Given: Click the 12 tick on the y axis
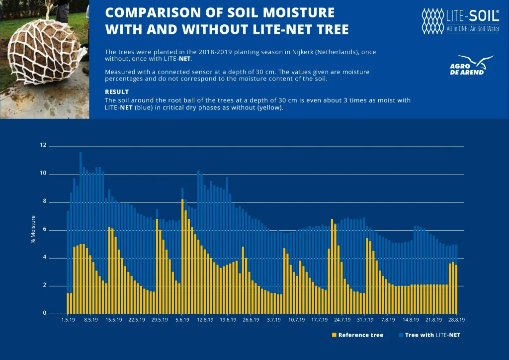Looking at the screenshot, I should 43,146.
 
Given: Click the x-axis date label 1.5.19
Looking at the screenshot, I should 68,320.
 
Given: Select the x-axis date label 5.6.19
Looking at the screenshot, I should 182,320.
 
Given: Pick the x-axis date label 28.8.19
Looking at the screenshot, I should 456,320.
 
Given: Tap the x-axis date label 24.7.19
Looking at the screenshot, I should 342,320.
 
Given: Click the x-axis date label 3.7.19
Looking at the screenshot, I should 274,320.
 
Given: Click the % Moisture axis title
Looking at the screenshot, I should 33,229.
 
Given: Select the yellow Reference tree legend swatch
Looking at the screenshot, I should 334,335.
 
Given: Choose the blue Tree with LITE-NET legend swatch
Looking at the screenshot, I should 401,335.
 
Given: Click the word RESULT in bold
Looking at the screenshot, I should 117,92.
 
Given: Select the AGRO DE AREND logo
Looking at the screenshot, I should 470,66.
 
